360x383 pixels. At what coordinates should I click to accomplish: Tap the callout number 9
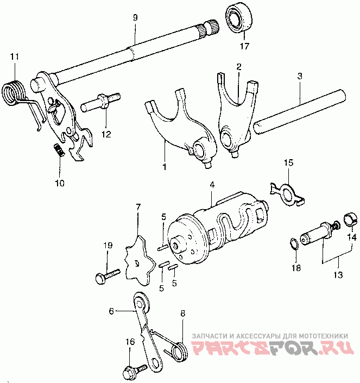pyautogui.click(x=135, y=17)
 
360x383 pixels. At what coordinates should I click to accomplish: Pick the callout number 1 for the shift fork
pyautogui.click(x=164, y=166)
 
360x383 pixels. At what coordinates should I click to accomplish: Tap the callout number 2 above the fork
pyautogui.click(x=238, y=66)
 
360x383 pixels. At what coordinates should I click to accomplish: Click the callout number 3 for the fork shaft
pyautogui.click(x=300, y=77)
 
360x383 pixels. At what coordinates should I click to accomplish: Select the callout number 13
pyautogui.click(x=338, y=275)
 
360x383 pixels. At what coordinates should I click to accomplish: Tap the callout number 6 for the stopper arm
pyautogui.click(x=112, y=311)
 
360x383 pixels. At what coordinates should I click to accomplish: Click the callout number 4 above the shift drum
pyautogui.click(x=212, y=185)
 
